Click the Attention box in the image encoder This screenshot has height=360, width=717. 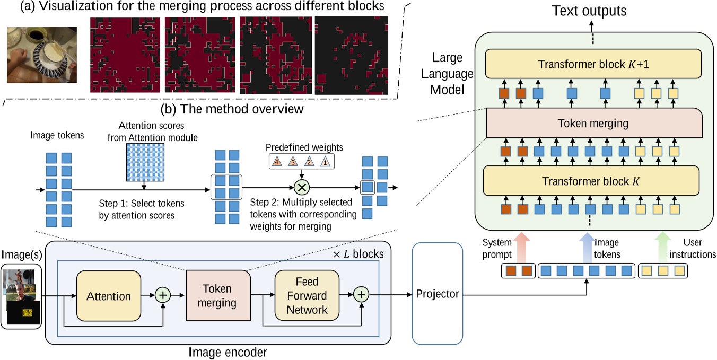point(109,295)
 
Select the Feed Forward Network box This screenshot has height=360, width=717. point(300,295)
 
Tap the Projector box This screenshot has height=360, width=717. point(438,294)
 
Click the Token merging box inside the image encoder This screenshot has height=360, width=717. point(218,295)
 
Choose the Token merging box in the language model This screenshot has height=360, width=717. point(593,124)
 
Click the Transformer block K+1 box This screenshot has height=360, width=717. point(593,64)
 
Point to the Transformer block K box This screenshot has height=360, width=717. point(593,180)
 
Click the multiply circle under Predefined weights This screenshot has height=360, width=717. point(302,187)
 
